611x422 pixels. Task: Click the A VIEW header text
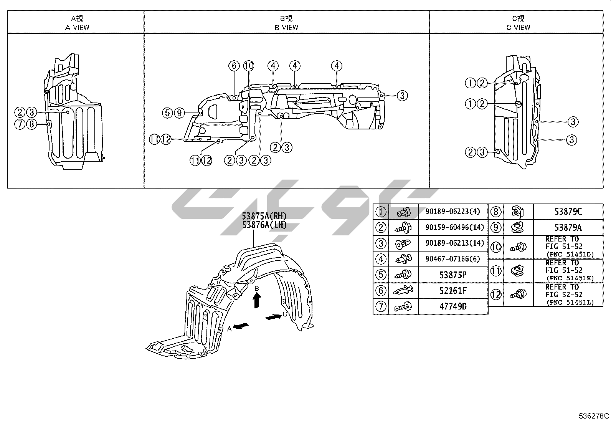click(77, 27)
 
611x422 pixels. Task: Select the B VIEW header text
click(286, 27)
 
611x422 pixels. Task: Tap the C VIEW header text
click(518, 27)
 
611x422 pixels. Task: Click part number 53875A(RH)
click(264, 216)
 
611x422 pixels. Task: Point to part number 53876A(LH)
click(264, 225)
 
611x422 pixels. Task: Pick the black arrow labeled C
click(273, 317)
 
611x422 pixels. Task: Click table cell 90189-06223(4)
click(452, 212)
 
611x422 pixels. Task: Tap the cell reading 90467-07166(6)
click(452, 259)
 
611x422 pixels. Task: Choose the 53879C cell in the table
click(568, 212)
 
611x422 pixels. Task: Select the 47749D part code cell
click(453, 306)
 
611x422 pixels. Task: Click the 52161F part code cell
click(453, 291)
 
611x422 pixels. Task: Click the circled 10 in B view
click(249, 66)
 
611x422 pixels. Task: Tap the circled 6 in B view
click(234, 66)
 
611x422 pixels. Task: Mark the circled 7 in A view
click(20, 124)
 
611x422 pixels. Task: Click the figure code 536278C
click(594, 416)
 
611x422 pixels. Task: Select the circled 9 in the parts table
click(496, 227)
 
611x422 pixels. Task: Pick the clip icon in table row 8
click(518, 212)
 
